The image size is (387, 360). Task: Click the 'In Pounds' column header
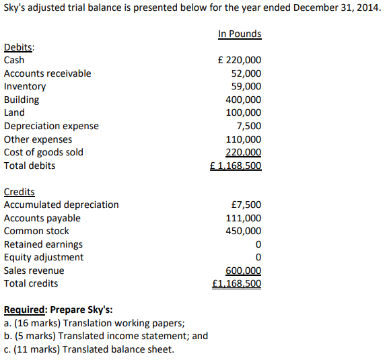[240, 34]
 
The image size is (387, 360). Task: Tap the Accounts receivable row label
[47, 73]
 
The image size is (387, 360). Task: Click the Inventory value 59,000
[246, 86]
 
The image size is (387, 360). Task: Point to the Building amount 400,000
[244, 100]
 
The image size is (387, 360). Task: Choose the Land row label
[14, 112]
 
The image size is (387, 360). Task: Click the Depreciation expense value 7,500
[249, 126]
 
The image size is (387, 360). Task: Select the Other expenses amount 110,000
[244, 139]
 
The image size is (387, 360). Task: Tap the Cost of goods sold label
[44, 152]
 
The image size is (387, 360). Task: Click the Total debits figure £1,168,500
[236, 166]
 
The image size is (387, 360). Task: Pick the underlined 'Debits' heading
[20, 47]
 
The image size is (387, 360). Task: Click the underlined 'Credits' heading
[20, 192]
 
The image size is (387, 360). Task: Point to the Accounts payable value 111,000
[244, 218]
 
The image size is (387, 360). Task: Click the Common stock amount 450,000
[244, 231]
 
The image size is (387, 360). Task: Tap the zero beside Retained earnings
[258, 244]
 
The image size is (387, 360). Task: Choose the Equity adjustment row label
[44, 257]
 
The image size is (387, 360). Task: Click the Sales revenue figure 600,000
[244, 271]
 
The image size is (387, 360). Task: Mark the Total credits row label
[31, 283]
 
